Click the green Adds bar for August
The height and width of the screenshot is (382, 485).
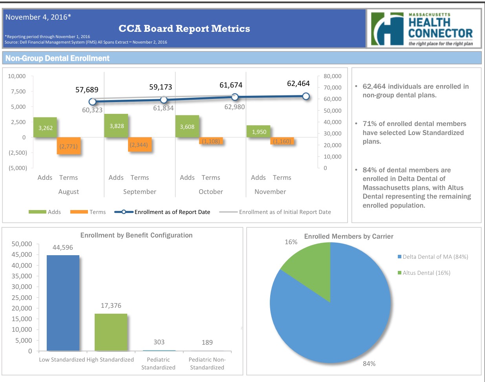click(45, 127)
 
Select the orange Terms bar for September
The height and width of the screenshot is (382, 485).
click(139, 144)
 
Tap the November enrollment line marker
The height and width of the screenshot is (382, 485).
click(306, 96)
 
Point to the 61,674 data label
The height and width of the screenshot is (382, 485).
click(231, 85)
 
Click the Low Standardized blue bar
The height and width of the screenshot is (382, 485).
click(63, 303)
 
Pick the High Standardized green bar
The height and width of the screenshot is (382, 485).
click(111, 332)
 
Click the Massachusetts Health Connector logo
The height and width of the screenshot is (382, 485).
click(424, 29)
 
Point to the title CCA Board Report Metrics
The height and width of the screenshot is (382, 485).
click(184, 29)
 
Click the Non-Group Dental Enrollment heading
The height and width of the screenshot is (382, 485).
click(57, 58)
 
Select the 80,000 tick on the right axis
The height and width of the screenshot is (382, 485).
click(332, 76)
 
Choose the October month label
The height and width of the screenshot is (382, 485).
click(210, 192)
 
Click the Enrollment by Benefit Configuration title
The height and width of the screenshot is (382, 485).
click(136, 235)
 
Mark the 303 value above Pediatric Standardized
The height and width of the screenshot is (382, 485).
click(159, 342)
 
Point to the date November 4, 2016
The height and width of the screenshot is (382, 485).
click(38, 17)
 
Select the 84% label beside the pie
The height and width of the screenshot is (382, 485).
click(369, 364)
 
